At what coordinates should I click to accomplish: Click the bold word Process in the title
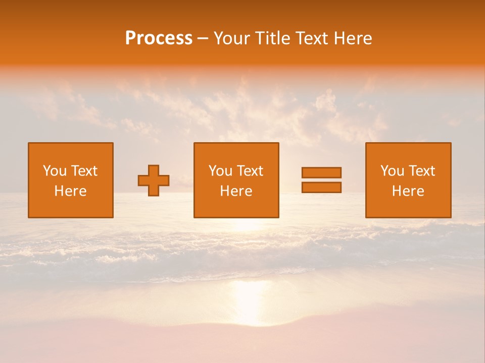click(x=159, y=38)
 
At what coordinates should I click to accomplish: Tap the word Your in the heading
click(x=233, y=38)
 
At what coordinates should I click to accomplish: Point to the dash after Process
click(x=203, y=39)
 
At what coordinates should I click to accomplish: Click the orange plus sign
click(x=154, y=180)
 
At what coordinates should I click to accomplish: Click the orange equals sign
click(x=321, y=180)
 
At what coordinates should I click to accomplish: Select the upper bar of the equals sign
click(x=321, y=172)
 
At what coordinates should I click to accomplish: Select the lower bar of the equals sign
click(x=321, y=188)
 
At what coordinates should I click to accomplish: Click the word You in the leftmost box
click(x=55, y=171)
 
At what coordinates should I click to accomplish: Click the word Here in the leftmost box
click(x=71, y=191)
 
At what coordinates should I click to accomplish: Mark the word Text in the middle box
click(x=250, y=171)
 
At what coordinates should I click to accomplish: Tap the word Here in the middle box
click(x=236, y=191)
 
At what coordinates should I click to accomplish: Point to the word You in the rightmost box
click(x=393, y=171)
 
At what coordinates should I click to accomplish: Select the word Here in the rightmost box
click(x=408, y=191)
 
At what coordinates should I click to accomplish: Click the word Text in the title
click(x=310, y=38)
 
